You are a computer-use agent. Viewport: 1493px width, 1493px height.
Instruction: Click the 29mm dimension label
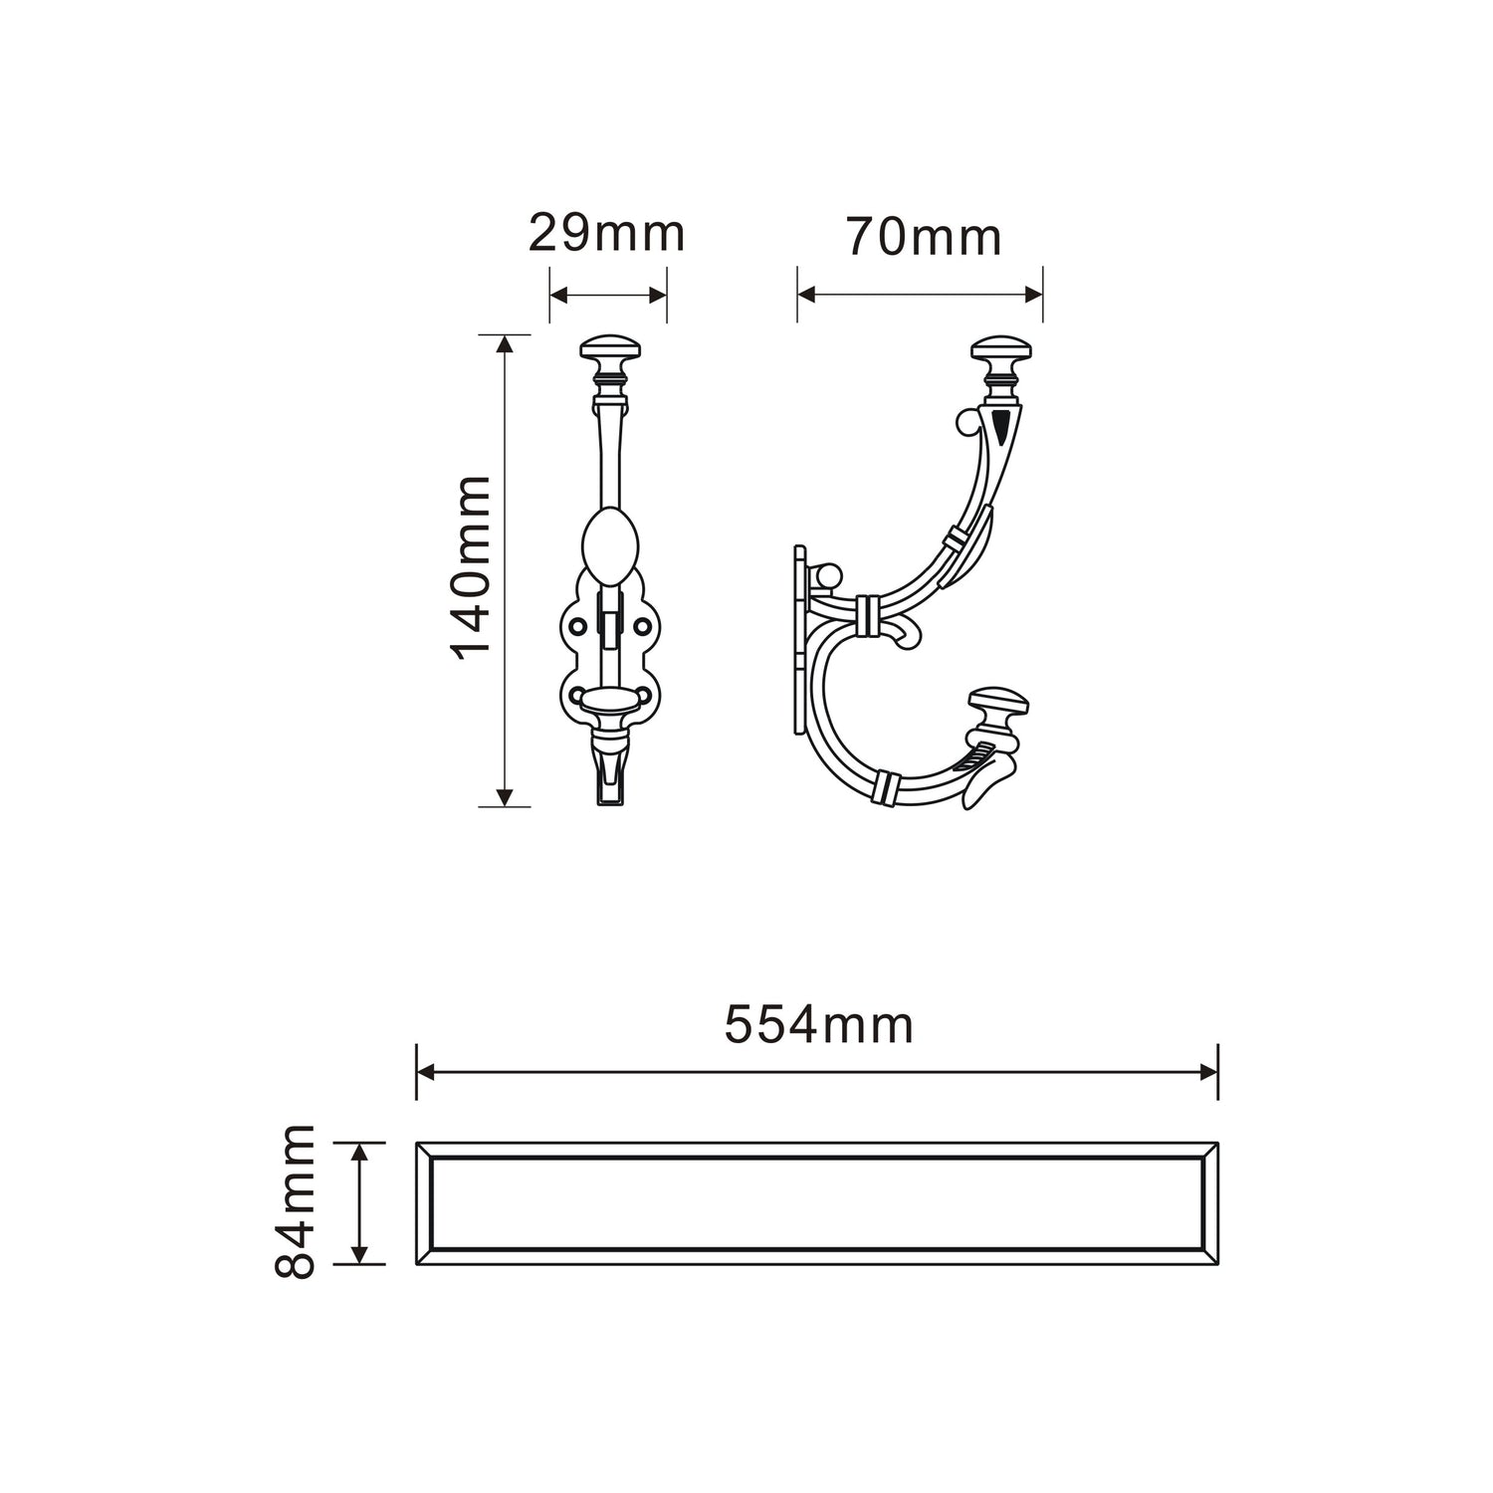click(606, 233)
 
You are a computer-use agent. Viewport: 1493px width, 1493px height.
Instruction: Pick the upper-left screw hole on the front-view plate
click(576, 625)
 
